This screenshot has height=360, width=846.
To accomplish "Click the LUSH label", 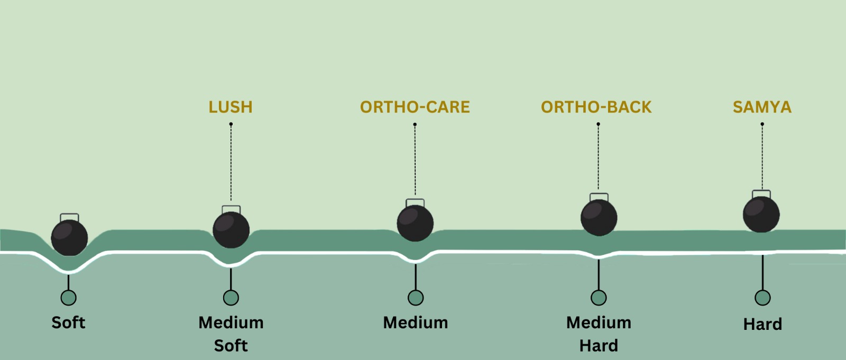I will tap(231, 107).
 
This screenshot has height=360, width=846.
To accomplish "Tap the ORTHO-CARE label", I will tap(415, 107).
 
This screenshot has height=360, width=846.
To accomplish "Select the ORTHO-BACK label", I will tap(596, 107).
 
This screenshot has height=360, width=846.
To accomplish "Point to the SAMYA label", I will tap(762, 107).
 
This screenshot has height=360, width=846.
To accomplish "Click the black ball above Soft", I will tap(69, 238).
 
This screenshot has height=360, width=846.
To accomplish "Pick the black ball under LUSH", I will tap(231, 230).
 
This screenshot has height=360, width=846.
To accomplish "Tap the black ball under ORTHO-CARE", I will tap(415, 223).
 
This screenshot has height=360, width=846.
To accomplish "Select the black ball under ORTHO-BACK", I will tap(599, 218).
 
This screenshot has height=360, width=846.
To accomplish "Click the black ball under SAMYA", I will tap(761, 214).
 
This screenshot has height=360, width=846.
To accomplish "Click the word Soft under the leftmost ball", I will tap(68, 322).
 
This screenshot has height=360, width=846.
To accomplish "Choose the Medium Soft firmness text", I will tap(231, 334).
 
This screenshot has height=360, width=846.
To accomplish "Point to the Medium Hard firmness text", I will tap(599, 334).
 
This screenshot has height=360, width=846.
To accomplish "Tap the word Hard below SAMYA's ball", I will tap(762, 324).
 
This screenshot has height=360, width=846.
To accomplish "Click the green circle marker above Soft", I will tap(68, 298).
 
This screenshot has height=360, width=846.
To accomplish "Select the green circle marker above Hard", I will tap(762, 298).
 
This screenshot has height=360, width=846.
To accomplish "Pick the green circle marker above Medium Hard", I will tap(599, 298).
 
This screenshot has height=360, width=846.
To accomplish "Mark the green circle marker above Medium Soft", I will tap(231, 298).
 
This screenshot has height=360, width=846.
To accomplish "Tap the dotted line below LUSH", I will tap(231, 164).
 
